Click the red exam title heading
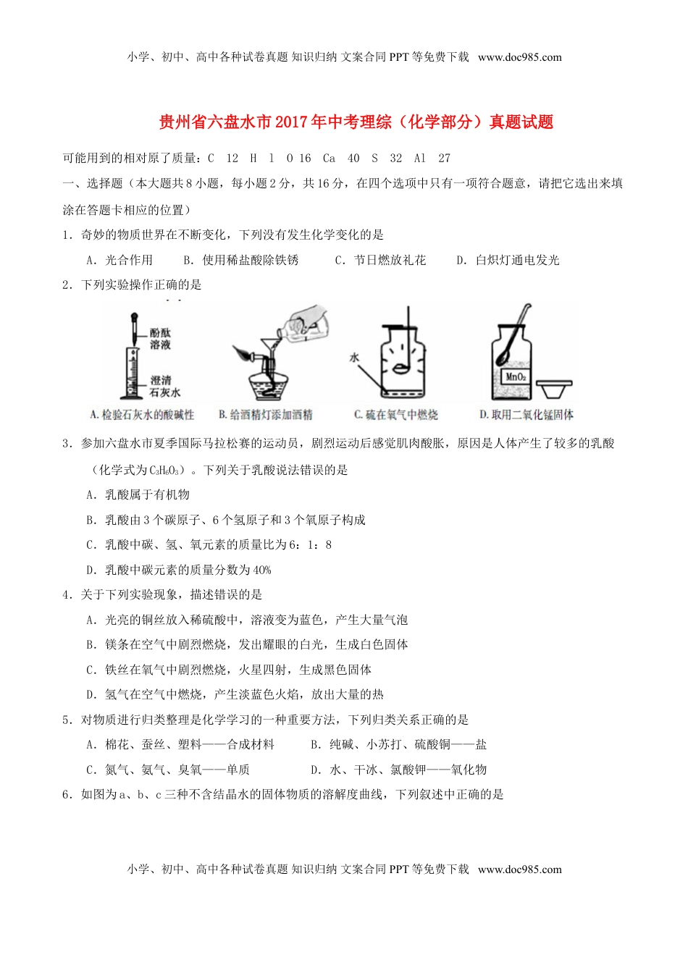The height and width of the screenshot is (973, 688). pyautogui.click(x=356, y=122)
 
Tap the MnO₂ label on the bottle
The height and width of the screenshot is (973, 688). pyautogui.click(x=515, y=376)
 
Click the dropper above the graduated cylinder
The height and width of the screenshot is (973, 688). pyautogui.click(x=134, y=329)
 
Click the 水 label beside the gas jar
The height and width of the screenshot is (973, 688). pyautogui.click(x=354, y=357)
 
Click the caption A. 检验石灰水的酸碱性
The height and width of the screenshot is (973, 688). pyautogui.click(x=142, y=415)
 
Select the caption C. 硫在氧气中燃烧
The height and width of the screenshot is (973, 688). pyautogui.click(x=395, y=415)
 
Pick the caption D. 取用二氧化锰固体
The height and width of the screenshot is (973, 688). pyautogui.click(x=527, y=415)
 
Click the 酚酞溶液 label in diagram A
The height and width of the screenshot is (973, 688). pyautogui.click(x=161, y=339)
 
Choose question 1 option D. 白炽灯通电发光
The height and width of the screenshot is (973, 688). pyautogui.click(x=508, y=260)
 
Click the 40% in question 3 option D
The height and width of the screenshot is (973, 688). pyautogui.click(x=262, y=570)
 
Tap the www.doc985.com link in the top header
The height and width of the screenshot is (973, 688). pyautogui.click(x=520, y=57)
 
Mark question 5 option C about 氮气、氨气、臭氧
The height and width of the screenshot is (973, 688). pyautogui.click(x=168, y=770)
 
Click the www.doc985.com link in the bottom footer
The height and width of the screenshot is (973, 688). pyautogui.click(x=520, y=869)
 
